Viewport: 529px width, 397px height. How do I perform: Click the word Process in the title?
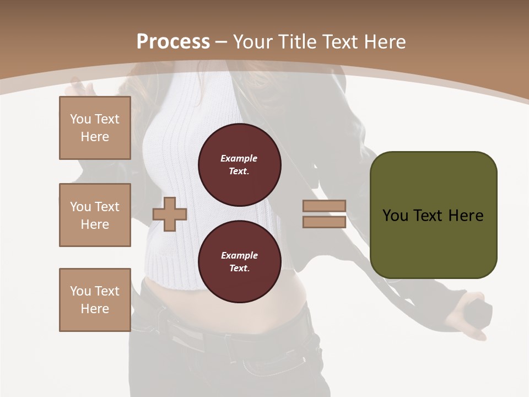(x=173, y=42)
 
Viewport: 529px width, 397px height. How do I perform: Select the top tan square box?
(x=95, y=128)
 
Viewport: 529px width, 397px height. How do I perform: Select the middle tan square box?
(x=95, y=215)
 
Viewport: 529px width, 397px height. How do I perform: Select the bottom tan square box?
(x=95, y=300)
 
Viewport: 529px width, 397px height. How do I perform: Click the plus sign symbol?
(x=170, y=214)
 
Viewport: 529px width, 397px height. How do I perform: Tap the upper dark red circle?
(x=239, y=164)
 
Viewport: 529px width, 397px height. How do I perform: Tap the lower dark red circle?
(x=239, y=261)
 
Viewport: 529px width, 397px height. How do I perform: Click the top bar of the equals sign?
(x=324, y=206)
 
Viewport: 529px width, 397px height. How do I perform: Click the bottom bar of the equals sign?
(x=324, y=222)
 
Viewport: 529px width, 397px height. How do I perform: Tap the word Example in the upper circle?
(x=239, y=158)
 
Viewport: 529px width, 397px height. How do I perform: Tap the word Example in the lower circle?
(x=239, y=255)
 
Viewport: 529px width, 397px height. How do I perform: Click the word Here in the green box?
(x=466, y=216)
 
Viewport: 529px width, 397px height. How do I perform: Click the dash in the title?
(x=222, y=42)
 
